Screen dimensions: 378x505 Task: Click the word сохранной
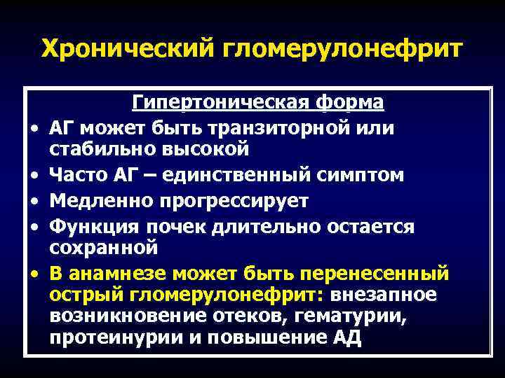pos(103,248)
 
